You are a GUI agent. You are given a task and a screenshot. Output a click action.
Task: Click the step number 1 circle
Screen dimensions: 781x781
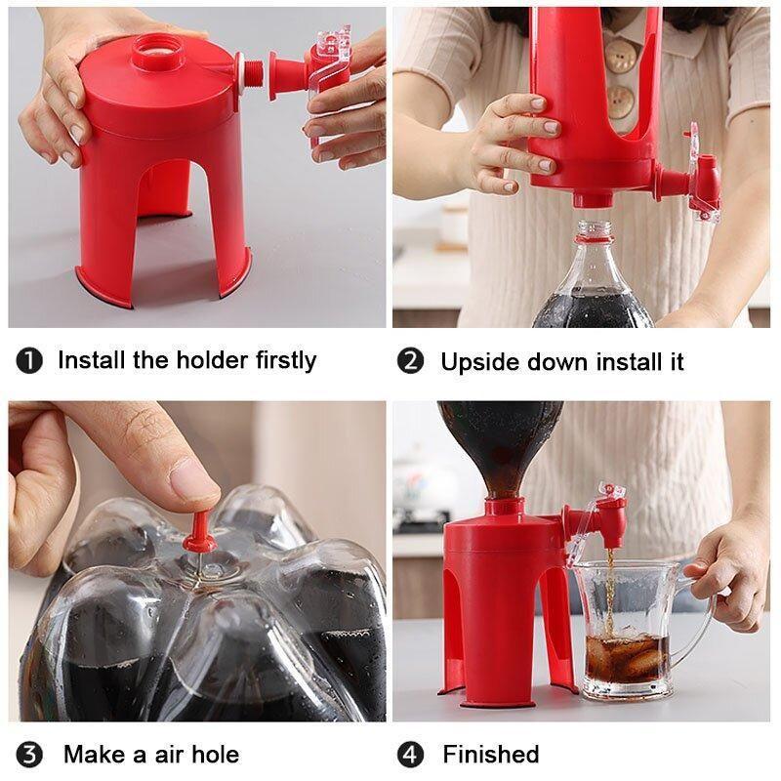(30, 360)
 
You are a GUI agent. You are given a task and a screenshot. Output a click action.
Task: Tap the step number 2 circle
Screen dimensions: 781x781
(411, 361)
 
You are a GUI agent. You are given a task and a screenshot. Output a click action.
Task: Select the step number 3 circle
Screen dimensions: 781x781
(30, 755)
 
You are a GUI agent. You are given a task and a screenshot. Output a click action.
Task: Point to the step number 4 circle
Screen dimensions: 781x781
(411, 755)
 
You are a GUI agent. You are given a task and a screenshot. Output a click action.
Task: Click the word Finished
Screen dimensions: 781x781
(490, 755)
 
